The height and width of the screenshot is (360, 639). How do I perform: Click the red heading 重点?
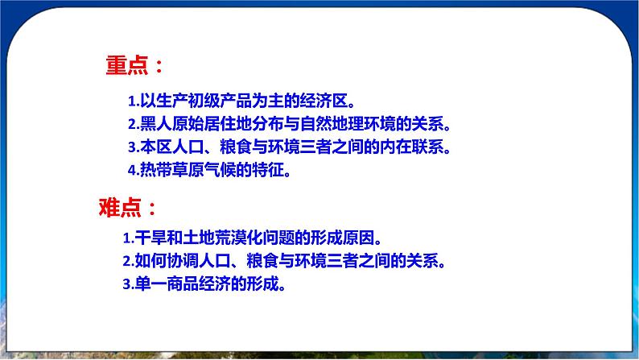tap(126, 65)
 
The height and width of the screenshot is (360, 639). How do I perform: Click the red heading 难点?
tap(120, 207)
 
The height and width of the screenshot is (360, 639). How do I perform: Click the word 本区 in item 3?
tap(156, 147)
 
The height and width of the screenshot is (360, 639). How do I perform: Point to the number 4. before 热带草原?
tap(134, 171)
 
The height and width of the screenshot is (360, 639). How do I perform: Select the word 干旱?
tap(150, 238)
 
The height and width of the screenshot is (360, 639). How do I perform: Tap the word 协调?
tap(182, 261)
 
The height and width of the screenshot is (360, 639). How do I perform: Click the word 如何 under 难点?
tap(150, 261)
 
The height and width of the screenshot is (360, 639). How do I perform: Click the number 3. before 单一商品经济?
tap(129, 284)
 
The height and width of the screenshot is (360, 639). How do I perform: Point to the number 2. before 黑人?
tap(134, 124)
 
